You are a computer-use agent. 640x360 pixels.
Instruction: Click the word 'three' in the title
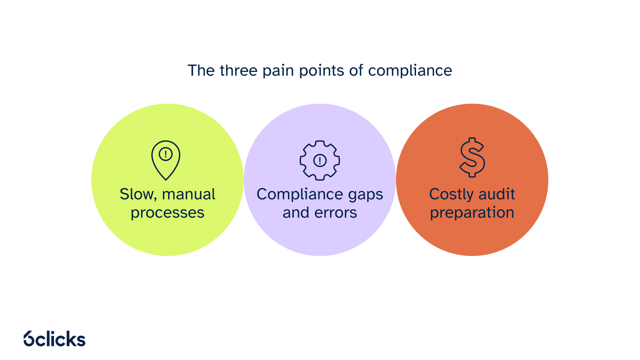point(238,71)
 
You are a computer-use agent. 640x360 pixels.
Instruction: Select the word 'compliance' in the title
point(410,71)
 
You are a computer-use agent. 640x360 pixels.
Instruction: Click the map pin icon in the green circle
point(166,160)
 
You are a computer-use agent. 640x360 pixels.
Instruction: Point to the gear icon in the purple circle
point(320,160)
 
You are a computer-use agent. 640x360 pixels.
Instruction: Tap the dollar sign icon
point(472,157)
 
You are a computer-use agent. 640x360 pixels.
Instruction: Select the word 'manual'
point(189,194)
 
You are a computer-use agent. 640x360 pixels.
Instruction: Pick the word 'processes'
point(167,213)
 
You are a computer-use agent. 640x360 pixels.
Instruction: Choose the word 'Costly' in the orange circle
point(451,195)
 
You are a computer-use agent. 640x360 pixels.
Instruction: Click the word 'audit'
point(497,194)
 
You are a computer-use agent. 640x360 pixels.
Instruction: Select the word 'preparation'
point(472,213)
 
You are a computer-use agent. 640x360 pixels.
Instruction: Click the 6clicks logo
point(55,339)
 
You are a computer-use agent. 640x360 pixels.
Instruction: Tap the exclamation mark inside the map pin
point(166,154)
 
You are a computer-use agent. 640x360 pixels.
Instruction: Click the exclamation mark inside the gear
point(320,161)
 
